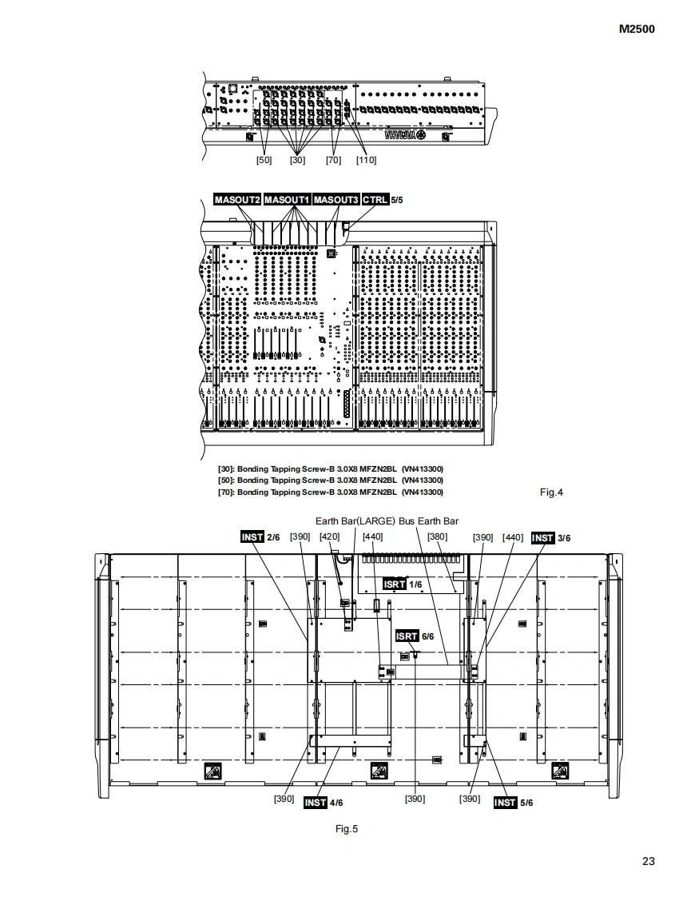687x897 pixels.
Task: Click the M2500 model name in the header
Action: click(x=637, y=30)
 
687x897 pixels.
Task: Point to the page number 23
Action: click(x=648, y=861)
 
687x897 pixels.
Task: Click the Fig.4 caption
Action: click(x=551, y=492)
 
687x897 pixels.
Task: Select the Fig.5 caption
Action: click(x=347, y=829)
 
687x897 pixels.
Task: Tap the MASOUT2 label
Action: click(x=237, y=199)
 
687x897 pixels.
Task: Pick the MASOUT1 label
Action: click(x=287, y=199)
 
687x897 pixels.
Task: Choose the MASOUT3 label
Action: click(x=336, y=199)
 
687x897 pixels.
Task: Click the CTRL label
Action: click(x=375, y=199)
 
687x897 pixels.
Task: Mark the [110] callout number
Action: click(x=366, y=160)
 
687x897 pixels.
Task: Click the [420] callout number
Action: click(x=329, y=537)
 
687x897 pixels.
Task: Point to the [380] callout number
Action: click(x=438, y=537)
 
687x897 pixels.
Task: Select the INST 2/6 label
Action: click(x=260, y=537)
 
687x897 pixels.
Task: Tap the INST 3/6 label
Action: click(x=551, y=537)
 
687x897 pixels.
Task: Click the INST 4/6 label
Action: click(x=324, y=803)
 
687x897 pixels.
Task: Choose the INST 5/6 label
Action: click(x=513, y=803)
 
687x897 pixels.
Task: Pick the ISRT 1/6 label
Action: click(x=402, y=584)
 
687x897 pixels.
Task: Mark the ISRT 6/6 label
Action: click(x=415, y=636)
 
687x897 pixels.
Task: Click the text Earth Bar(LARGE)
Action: click(x=355, y=521)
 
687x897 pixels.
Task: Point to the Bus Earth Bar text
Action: click(x=429, y=521)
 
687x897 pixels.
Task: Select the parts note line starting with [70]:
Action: click(x=331, y=492)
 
